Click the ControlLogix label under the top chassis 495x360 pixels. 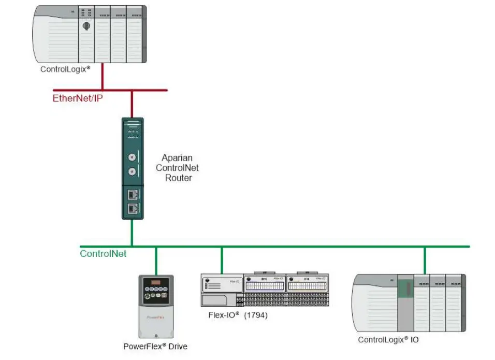tap(65, 68)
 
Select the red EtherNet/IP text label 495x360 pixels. tap(78, 98)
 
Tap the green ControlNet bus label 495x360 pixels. tap(103, 254)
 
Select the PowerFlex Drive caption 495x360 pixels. tap(155, 346)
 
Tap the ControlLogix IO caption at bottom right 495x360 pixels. tap(388, 340)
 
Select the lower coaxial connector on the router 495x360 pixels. tap(132, 172)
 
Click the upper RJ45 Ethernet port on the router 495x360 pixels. tap(132, 194)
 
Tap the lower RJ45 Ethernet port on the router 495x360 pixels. tap(132, 209)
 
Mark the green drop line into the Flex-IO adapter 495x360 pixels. tap(222, 260)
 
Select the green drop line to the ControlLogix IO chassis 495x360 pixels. tap(425, 260)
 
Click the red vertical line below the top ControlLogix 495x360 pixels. tap(102, 76)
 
